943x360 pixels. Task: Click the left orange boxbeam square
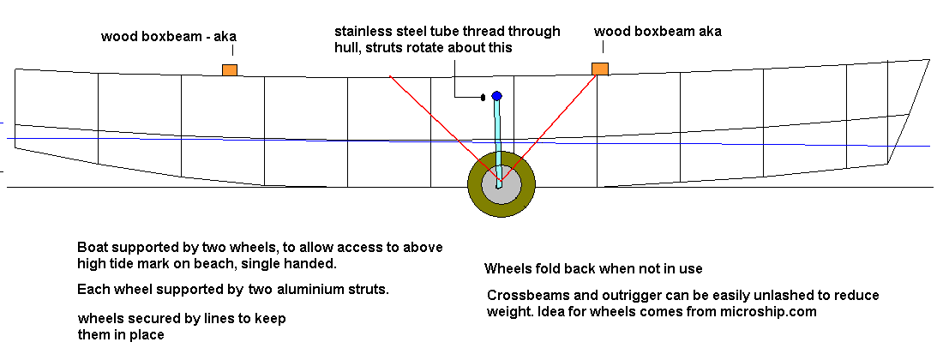tap(230, 69)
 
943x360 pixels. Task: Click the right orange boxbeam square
tap(600, 69)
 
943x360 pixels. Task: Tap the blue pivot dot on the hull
tap(496, 95)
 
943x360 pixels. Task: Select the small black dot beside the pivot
tap(484, 97)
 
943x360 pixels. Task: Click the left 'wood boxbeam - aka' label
tap(168, 37)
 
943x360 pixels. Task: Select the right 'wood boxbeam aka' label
tap(658, 32)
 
